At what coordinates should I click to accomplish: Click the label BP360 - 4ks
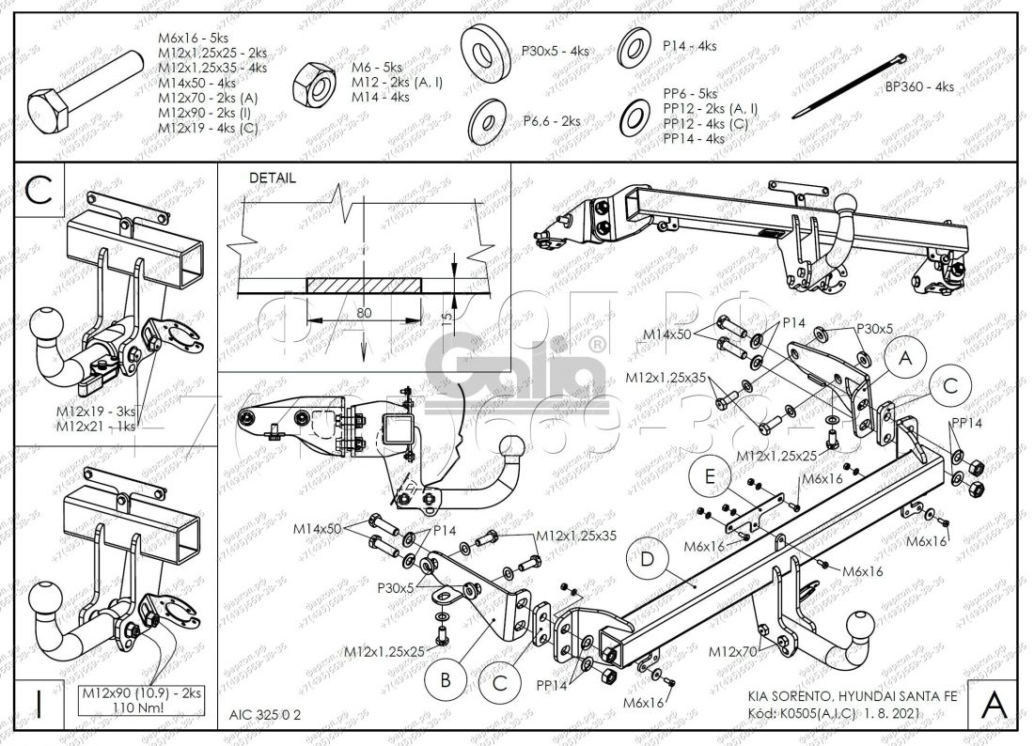918,86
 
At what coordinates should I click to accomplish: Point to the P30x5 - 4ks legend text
555,51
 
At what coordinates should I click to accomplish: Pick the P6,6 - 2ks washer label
550,120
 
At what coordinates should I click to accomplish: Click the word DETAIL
273,178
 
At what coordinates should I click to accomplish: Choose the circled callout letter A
904,359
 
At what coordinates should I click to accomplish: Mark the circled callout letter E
707,478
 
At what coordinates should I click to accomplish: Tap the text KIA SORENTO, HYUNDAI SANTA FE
853,697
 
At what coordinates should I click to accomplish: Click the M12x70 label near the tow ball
733,651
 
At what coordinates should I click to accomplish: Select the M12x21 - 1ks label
95,427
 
